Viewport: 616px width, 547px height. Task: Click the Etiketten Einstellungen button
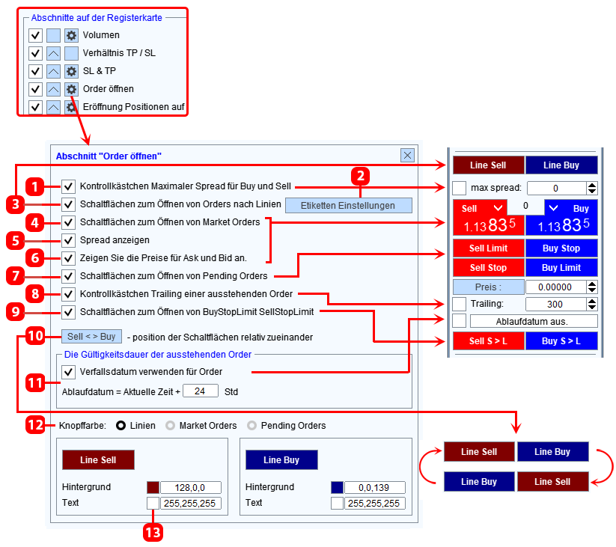(x=349, y=205)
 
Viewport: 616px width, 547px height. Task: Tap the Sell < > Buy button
(x=91, y=337)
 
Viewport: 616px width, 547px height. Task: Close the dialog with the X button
(x=407, y=155)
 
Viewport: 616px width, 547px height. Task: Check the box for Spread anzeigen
(x=68, y=240)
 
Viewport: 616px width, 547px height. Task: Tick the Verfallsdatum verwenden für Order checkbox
(x=68, y=371)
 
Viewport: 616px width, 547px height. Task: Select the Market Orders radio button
(x=170, y=425)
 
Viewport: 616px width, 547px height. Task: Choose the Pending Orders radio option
(x=251, y=425)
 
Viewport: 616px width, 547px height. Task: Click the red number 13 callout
(x=153, y=533)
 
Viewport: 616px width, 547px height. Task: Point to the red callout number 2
(x=361, y=176)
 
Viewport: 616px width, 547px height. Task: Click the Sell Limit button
(x=488, y=248)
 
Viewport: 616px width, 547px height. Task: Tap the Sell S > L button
(x=488, y=340)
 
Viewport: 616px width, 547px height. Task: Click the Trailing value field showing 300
(x=555, y=304)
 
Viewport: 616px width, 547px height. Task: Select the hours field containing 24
(x=201, y=391)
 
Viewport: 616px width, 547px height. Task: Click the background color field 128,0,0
(x=191, y=487)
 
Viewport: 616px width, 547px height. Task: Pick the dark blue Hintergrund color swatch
(x=337, y=487)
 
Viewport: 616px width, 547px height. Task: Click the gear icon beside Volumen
(x=71, y=35)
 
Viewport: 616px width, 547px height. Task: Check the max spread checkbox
(x=460, y=188)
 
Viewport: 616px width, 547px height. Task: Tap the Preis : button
(x=489, y=287)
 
